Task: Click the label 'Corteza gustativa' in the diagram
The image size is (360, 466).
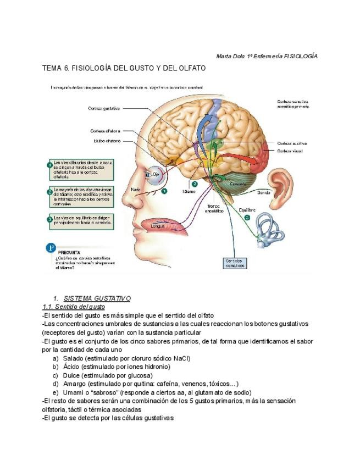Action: (x=104, y=108)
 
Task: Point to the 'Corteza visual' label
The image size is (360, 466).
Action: (x=290, y=151)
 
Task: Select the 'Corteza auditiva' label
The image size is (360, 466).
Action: (x=292, y=143)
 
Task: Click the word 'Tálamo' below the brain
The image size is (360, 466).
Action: (x=189, y=192)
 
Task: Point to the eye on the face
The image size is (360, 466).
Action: (x=149, y=175)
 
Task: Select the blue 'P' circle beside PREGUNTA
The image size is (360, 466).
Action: (x=50, y=248)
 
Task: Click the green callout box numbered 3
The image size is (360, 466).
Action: (x=80, y=220)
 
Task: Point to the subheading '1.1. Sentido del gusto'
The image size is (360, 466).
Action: (x=74, y=306)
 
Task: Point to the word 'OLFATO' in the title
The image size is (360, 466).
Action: (x=190, y=68)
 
